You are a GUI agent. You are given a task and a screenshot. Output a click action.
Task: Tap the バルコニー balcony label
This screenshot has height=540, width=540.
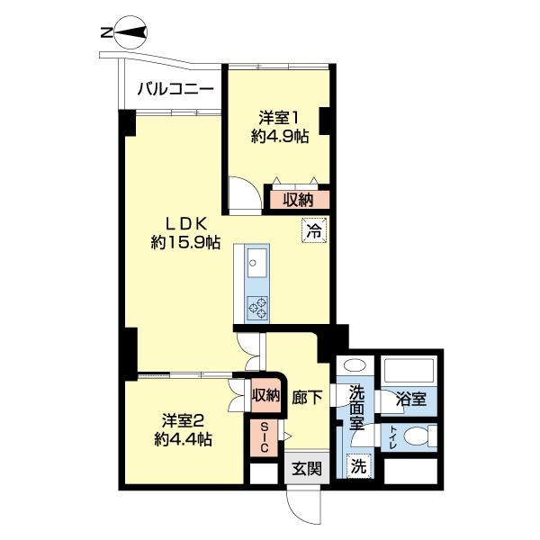point(175,90)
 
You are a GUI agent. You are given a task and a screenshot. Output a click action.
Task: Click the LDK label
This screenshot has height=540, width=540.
point(186,221)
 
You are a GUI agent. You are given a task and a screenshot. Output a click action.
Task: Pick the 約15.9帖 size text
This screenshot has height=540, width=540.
point(186,241)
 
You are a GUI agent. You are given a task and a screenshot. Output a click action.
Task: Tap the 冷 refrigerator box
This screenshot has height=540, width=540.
point(313,230)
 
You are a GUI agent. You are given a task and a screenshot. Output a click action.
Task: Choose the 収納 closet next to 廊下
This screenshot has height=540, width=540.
point(265,395)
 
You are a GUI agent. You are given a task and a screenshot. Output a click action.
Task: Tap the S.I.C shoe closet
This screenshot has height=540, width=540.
point(265,437)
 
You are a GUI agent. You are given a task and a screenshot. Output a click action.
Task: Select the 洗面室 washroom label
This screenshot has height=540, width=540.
point(356,406)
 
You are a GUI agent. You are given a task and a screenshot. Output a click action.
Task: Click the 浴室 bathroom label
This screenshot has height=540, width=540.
point(415,397)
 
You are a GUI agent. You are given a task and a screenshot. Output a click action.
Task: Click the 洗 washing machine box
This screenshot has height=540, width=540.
point(357,467)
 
